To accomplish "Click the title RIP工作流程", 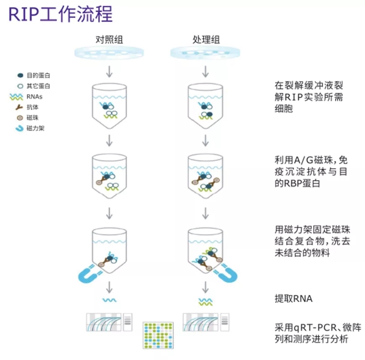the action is click(x=60, y=14).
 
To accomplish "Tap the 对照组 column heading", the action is click(x=109, y=39).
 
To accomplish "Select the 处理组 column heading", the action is click(x=206, y=39).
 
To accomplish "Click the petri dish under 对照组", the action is click(x=109, y=53).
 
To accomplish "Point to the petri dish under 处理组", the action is click(x=205, y=53).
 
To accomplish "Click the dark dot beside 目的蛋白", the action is click(x=21, y=75).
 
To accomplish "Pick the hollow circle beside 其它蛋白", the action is click(x=21, y=86).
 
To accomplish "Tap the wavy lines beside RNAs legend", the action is click(x=16, y=97).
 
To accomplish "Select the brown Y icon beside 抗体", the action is click(x=19, y=107).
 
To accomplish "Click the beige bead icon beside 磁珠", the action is click(x=20, y=118).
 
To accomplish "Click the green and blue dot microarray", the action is click(x=158, y=336).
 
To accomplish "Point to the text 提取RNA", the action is click(x=294, y=299).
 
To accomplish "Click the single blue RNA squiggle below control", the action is click(x=109, y=300).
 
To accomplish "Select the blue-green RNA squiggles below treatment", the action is click(x=205, y=302).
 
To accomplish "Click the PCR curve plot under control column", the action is click(x=104, y=322).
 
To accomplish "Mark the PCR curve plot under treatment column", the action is click(x=201, y=322).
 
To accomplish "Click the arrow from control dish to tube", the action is click(x=109, y=71).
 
